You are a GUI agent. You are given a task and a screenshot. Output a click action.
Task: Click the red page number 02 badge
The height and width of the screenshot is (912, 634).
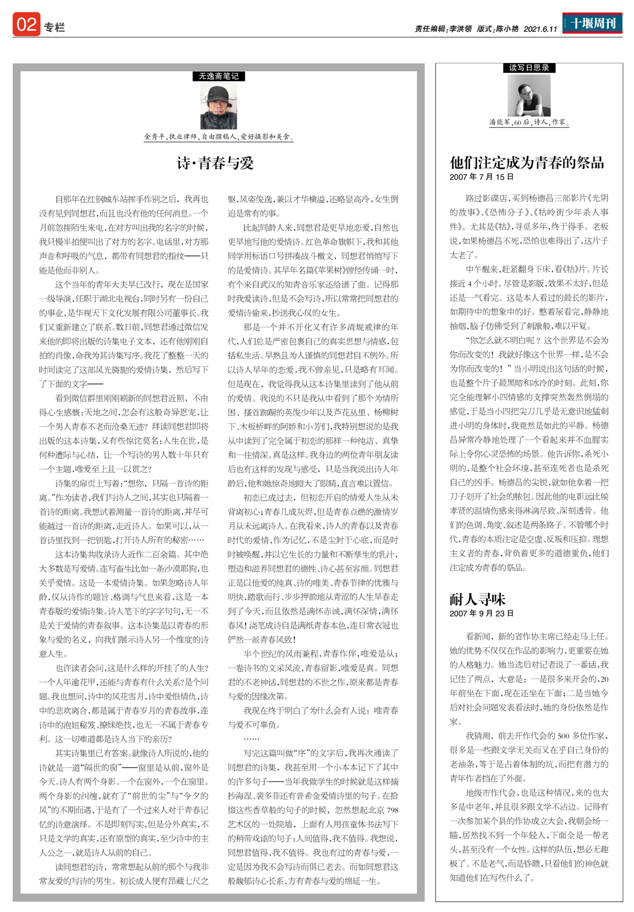pos(26,25)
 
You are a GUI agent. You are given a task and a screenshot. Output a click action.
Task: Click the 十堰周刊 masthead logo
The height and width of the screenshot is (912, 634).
pos(592,23)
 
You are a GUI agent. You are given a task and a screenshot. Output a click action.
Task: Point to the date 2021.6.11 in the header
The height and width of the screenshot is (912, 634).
pos(540,29)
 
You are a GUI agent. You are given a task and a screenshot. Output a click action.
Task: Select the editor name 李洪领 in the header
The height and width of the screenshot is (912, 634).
pos(460,29)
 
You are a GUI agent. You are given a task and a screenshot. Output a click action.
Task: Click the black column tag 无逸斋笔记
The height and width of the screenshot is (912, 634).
pos(219,76)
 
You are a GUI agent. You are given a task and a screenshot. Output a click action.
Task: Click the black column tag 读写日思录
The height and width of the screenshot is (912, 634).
pos(529,68)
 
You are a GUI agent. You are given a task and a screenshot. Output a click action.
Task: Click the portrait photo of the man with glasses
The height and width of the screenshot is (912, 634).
pos(529,95)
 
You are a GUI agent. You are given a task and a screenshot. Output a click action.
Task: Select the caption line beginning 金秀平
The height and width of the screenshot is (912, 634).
pos(219,137)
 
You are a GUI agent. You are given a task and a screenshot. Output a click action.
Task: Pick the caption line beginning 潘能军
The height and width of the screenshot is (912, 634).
pos(529,122)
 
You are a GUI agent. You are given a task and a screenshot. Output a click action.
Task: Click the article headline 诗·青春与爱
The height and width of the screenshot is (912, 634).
pos(216,163)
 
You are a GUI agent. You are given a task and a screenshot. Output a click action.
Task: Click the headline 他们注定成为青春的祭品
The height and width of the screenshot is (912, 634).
pos(527,162)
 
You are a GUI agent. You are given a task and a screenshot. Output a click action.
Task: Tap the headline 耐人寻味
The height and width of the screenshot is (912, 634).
pos(478,599)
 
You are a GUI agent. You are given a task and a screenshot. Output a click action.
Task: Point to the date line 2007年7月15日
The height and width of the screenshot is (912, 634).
pos(481,177)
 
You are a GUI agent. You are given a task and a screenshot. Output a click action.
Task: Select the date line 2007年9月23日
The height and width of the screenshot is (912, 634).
pos(481,613)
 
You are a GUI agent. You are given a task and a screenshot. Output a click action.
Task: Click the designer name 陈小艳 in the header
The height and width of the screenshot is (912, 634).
pos(507,29)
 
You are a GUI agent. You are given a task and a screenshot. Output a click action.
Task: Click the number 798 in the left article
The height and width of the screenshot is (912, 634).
pos(392,810)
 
